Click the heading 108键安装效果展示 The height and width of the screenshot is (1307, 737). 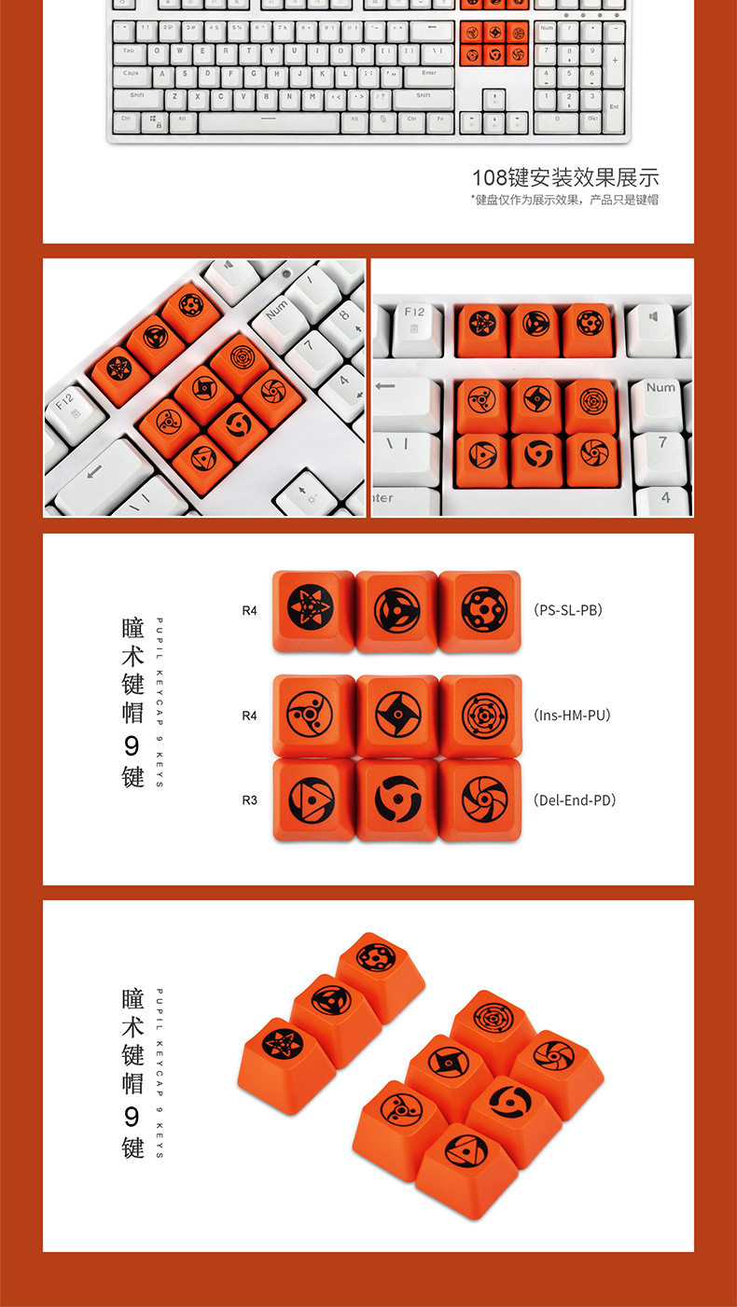pyautogui.click(x=565, y=177)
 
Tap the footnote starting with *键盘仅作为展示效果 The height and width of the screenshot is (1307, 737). pyautogui.click(x=565, y=200)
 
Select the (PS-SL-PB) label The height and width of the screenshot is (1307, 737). pyautogui.click(x=568, y=610)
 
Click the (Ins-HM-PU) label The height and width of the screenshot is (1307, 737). pyautogui.click(x=573, y=716)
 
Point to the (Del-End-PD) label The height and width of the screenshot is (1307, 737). pyautogui.click(x=575, y=800)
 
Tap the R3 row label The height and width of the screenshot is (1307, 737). pyautogui.click(x=249, y=800)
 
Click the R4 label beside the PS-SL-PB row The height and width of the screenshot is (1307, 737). pyautogui.click(x=249, y=611)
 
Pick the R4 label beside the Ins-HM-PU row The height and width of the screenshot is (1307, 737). pyautogui.click(x=249, y=716)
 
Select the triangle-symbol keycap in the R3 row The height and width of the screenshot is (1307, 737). pyautogui.click(x=313, y=799)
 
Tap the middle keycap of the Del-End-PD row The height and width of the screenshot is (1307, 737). pyautogui.click(x=397, y=799)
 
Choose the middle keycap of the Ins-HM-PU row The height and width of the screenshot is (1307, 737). pyautogui.click(x=397, y=715)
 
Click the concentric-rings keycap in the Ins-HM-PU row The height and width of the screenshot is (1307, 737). pyautogui.click(x=480, y=715)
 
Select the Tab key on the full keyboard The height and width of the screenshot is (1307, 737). pyautogui.click(x=130, y=52)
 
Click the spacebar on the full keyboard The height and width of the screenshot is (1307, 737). pyautogui.click(x=270, y=121)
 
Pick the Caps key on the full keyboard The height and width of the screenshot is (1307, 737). pyautogui.click(x=132, y=75)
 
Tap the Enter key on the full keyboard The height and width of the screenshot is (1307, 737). pyautogui.click(x=428, y=75)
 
